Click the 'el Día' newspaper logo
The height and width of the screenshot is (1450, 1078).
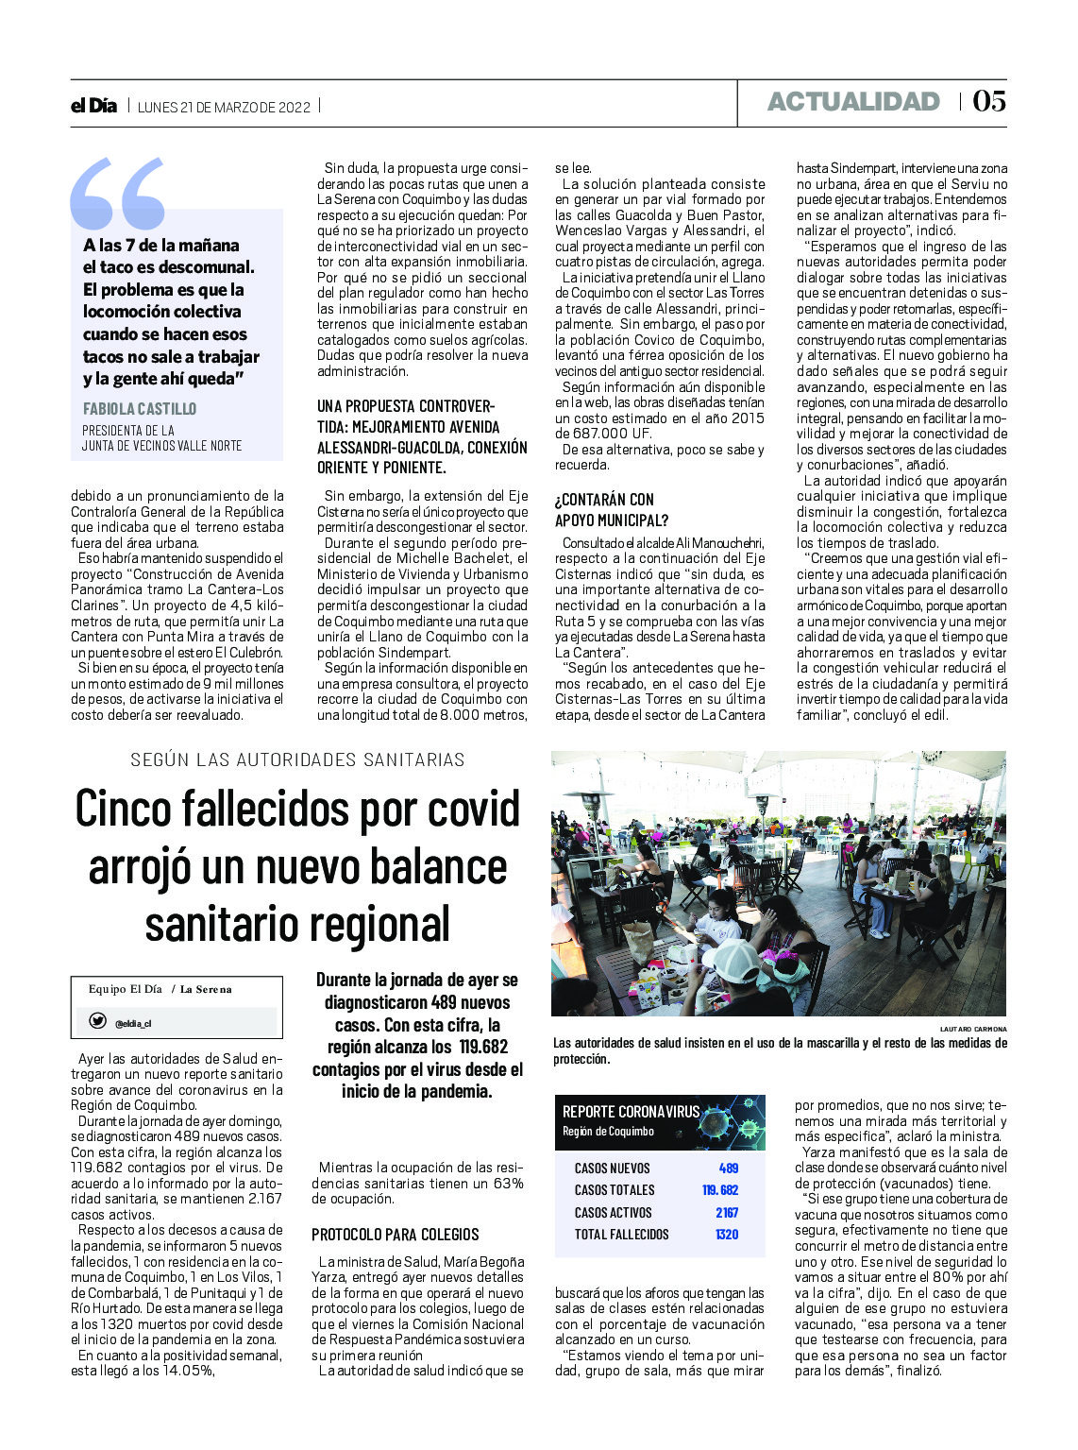tap(93, 106)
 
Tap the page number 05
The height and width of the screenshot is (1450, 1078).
tap(988, 101)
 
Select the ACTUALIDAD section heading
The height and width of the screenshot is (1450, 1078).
tap(853, 102)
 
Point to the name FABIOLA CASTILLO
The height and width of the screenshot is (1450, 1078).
tap(140, 409)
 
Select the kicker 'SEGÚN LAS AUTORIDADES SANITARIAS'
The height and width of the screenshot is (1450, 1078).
tap(297, 759)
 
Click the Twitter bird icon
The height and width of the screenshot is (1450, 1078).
tap(97, 1021)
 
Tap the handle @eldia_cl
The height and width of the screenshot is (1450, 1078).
tap(133, 1023)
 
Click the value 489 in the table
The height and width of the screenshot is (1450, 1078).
tap(728, 1169)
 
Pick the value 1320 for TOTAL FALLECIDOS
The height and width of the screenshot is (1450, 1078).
tap(726, 1235)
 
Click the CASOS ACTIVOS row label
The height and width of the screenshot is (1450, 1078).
tap(613, 1213)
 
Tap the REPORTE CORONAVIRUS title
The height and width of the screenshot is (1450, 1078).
tap(631, 1112)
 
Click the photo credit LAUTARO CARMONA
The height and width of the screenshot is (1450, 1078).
tap(972, 1029)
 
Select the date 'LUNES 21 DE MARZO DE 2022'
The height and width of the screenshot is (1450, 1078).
tap(224, 107)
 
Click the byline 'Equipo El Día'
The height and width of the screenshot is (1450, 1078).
tap(126, 989)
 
